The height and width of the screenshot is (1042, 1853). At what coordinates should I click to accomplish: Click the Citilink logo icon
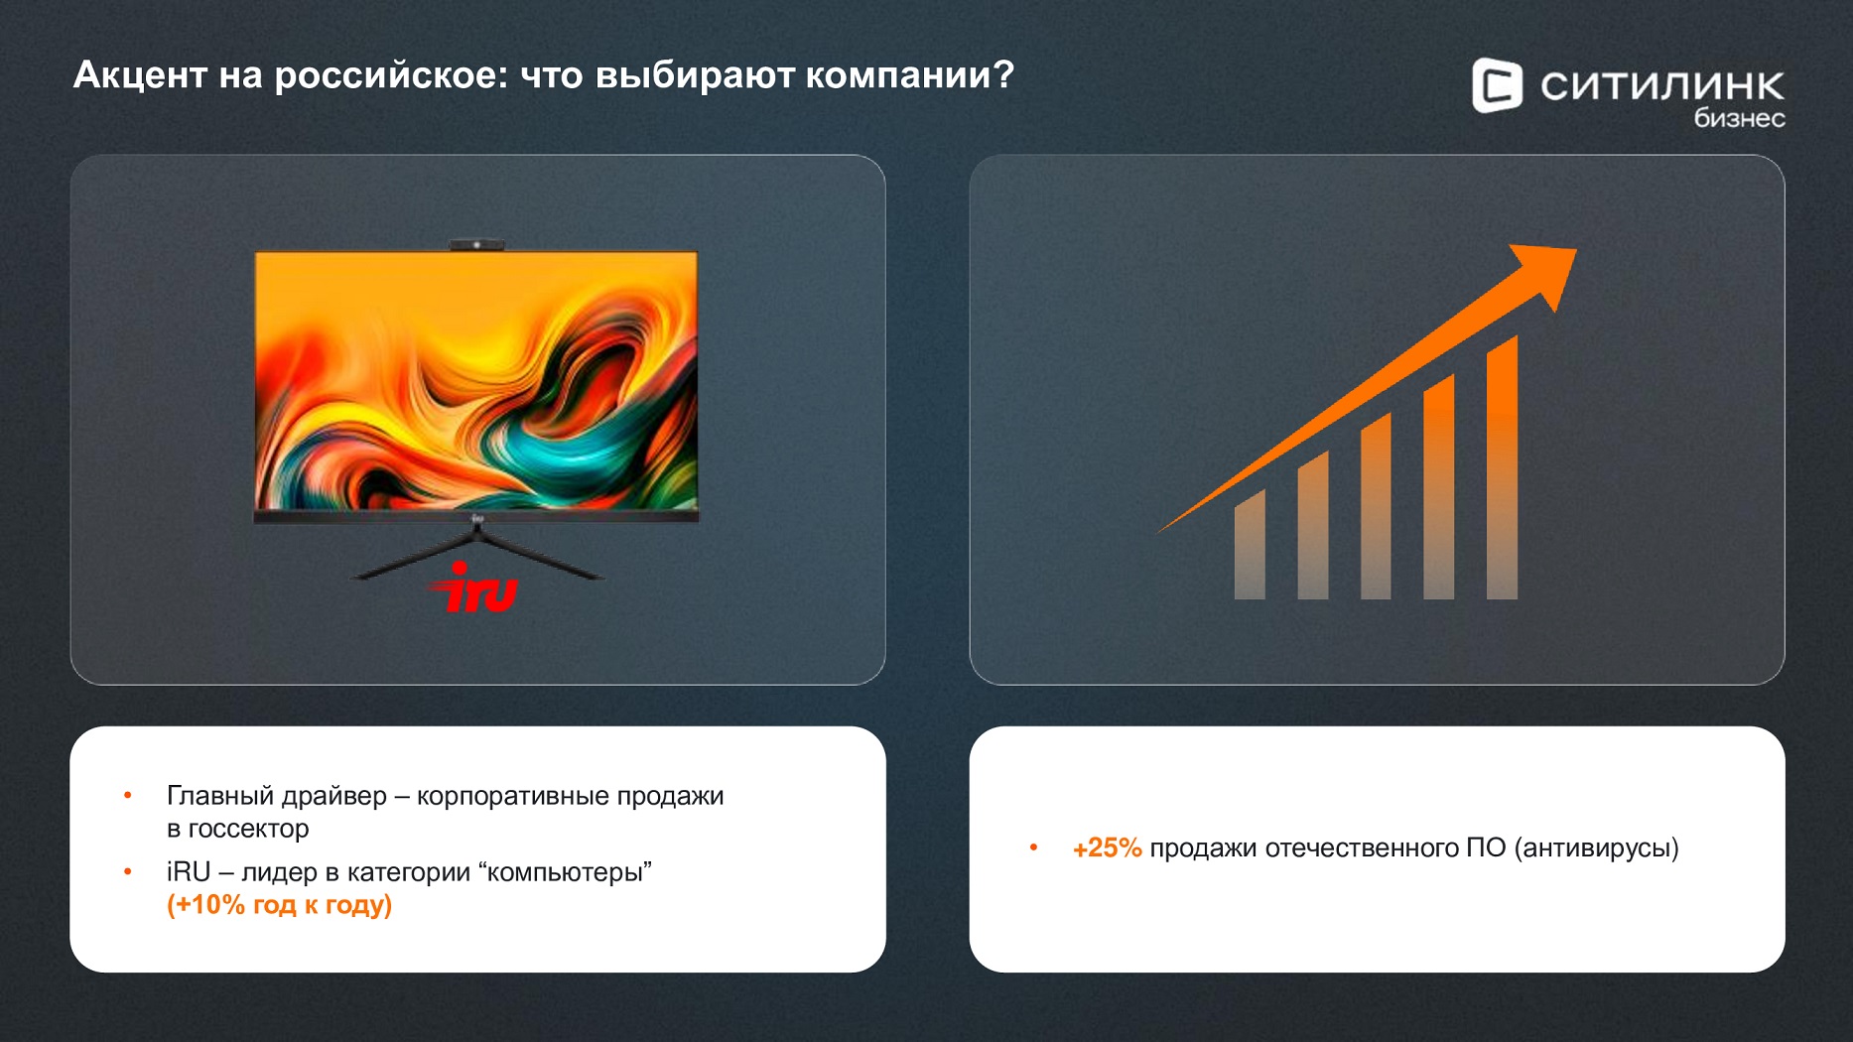point(1497,85)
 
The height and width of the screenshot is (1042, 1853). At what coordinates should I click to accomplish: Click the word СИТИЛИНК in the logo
point(1662,86)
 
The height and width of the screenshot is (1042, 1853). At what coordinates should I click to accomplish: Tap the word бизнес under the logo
point(1739,118)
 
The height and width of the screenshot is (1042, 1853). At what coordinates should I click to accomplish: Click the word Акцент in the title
point(140,75)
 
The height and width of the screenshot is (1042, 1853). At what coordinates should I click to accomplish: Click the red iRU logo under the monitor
point(474,587)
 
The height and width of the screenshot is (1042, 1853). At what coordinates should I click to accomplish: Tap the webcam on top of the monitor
point(476,244)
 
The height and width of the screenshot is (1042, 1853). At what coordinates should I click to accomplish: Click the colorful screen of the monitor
point(476,380)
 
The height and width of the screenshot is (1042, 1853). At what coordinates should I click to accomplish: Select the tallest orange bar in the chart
point(1502,467)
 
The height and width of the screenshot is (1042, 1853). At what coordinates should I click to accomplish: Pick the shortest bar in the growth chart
point(1250,545)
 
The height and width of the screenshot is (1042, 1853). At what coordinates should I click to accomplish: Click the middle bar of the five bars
point(1376,506)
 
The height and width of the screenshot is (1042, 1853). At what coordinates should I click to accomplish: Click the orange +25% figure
point(1107,848)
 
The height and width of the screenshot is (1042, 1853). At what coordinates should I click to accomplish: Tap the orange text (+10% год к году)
point(279,905)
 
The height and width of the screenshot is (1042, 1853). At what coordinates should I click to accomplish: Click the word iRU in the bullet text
point(189,872)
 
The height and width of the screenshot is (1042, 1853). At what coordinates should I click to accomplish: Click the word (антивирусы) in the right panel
point(1597,848)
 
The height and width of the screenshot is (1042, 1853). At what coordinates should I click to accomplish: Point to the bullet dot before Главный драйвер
point(128,796)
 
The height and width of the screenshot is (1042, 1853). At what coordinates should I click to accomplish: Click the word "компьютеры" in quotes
point(565,872)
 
